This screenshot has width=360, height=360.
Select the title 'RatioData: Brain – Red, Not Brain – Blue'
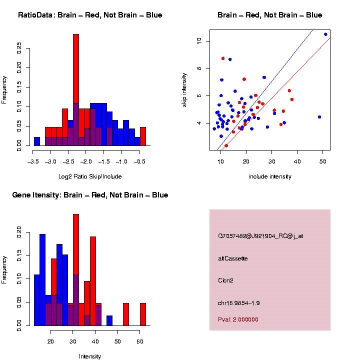(x=90, y=15)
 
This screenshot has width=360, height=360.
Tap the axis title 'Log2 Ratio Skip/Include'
(x=90, y=176)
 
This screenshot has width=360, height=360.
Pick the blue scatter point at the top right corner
(x=325, y=34)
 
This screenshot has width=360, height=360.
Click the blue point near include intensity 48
(x=319, y=117)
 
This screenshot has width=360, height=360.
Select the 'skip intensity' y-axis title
(x=184, y=89)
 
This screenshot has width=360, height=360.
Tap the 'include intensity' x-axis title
(x=269, y=176)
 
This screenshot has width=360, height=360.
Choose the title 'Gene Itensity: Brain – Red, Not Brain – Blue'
(x=90, y=195)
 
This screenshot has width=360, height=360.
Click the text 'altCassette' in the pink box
(x=233, y=258)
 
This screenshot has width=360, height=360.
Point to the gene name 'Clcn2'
(x=225, y=280)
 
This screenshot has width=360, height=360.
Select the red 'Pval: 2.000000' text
(x=238, y=319)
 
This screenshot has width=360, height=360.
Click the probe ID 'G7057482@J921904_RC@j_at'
(x=260, y=236)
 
